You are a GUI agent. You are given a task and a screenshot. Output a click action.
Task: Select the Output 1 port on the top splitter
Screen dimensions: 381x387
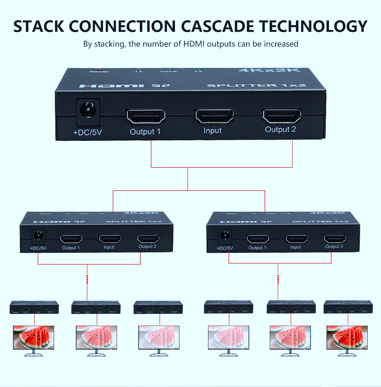click(x=146, y=116)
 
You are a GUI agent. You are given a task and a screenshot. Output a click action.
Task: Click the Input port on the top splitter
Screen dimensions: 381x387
click(x=214, y=116)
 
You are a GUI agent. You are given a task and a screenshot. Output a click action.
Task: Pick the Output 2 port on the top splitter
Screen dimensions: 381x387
click(x=282, y=116)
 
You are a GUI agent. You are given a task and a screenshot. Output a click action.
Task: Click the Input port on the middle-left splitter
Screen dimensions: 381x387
click(x=109, y=239)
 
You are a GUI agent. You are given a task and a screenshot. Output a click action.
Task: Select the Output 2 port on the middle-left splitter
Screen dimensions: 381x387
click(x=148, y=239)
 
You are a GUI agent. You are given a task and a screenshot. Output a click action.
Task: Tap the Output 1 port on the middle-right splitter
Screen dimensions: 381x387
click(x=258, y=239)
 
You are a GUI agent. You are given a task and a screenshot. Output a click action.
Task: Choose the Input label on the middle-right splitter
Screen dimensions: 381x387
click(x=296, y=247)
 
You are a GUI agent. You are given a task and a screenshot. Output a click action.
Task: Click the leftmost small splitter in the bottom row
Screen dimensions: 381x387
click(x=34, y=307)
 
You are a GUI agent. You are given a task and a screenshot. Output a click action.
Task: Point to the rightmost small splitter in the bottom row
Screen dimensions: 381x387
click(x=347, y=307)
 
